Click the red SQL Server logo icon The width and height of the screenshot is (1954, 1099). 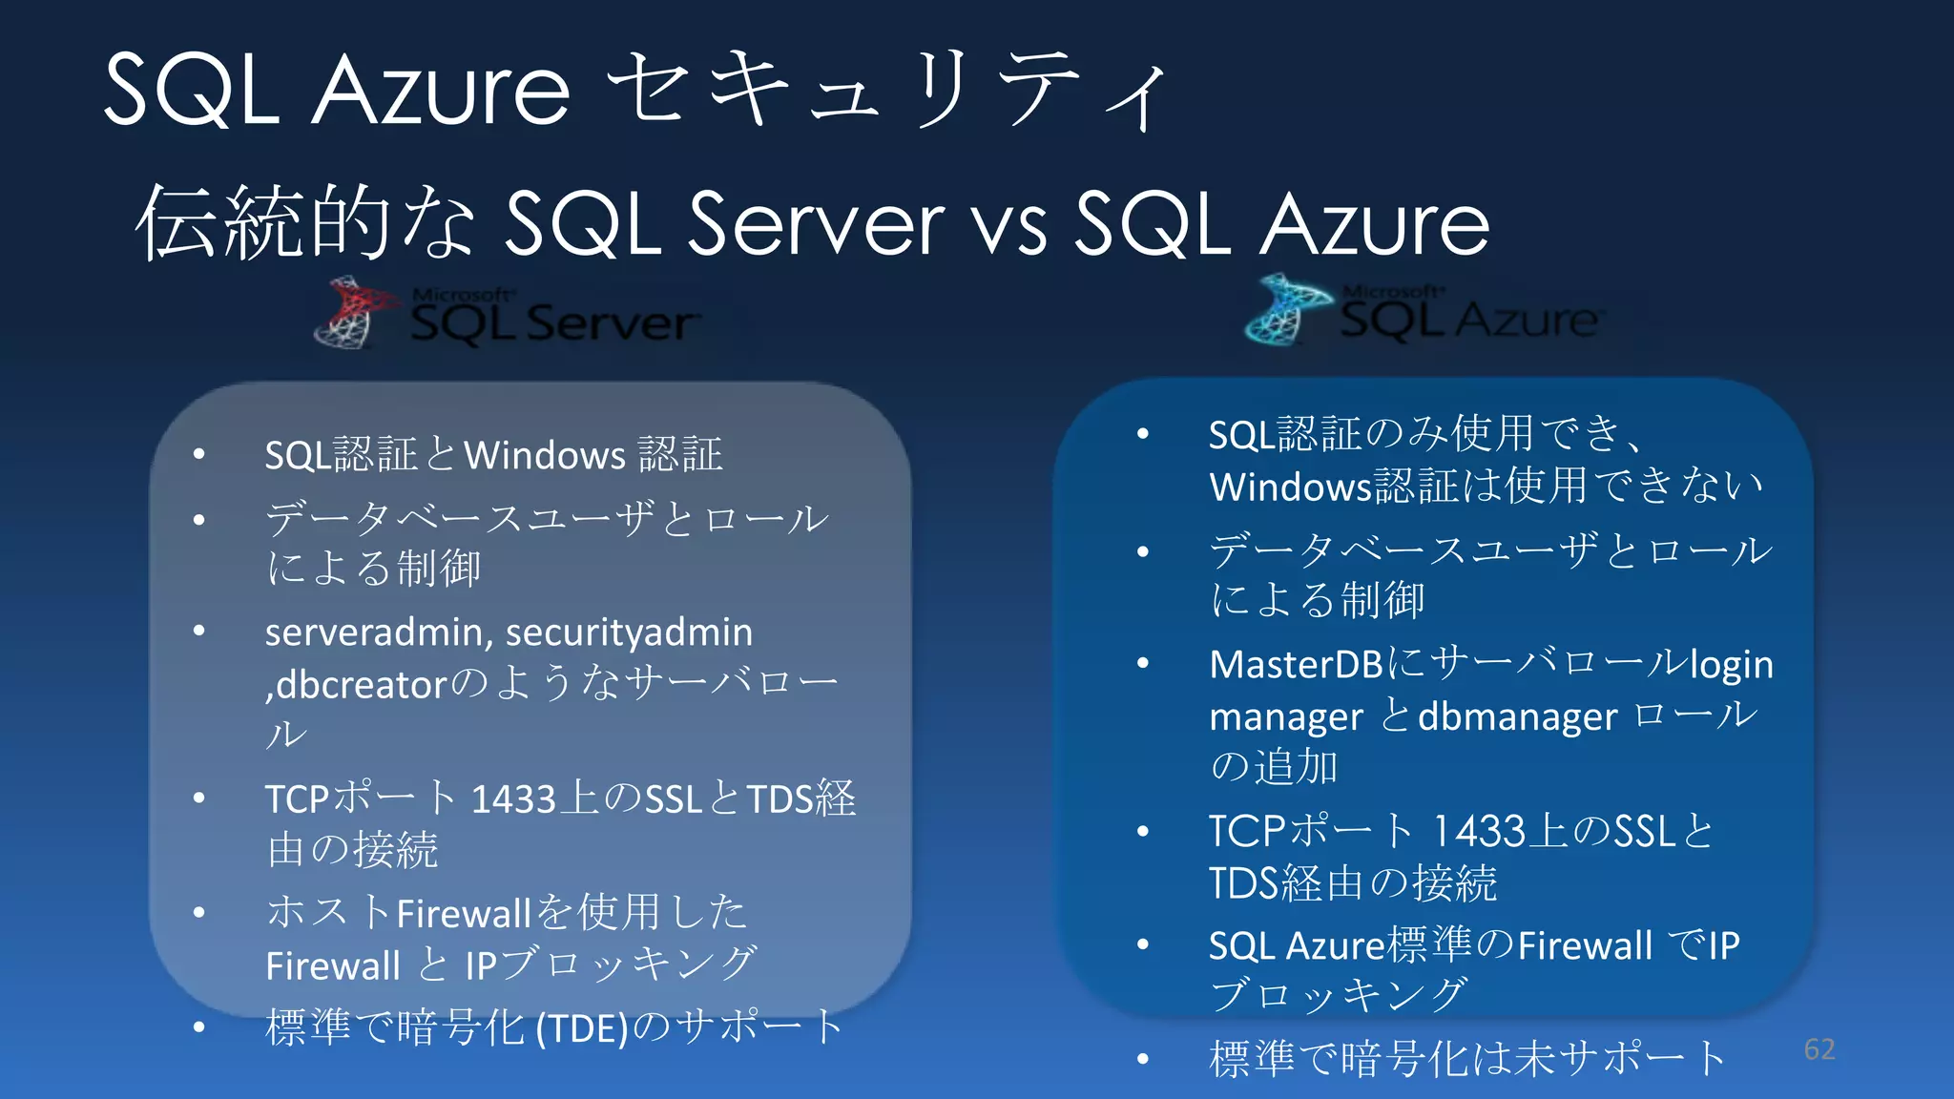353,313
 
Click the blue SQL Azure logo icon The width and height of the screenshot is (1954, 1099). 1285,309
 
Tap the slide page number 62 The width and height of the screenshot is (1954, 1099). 1819,1049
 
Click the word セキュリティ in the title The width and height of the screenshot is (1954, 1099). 887,91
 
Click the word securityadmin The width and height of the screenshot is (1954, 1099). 629,632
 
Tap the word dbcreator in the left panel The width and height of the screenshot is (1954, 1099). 362,684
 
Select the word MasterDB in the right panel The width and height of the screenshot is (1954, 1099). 1295,664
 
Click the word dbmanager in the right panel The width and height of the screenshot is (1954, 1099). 1517,716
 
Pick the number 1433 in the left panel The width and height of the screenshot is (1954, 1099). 513,799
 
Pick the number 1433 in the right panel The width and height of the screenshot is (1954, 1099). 1479,832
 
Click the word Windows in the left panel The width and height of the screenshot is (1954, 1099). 544,455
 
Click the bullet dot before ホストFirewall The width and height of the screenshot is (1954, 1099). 198,913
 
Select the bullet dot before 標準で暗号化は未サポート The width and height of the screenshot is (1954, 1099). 1143,1059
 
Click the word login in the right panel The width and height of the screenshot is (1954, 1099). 1731,665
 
